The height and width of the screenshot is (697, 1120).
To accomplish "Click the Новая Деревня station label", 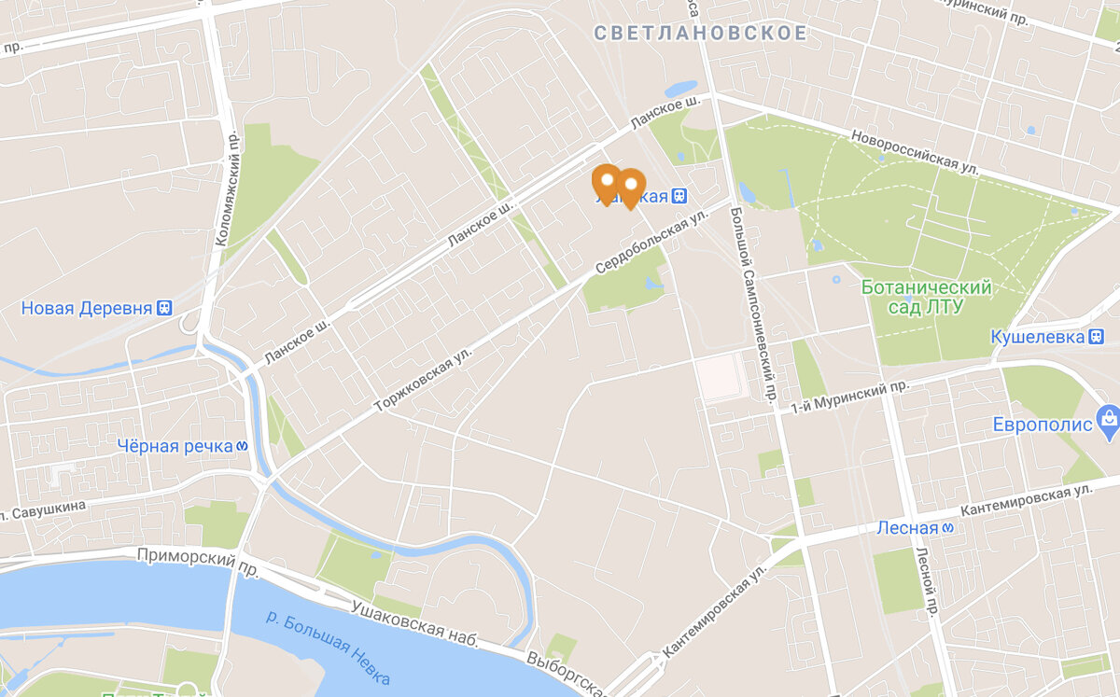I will [x=86, y=308].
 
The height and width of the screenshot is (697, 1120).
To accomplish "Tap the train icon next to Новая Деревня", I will [x=165, y=307].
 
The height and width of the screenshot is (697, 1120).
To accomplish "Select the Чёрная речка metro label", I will [x=175, y=446].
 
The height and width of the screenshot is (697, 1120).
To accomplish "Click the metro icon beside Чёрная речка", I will [x=241, y=446].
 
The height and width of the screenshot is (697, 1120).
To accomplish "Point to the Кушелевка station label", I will [x=1038, y=336].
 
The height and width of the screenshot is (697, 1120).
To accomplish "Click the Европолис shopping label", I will [x=1042, y=425].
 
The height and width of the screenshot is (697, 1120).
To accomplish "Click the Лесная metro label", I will [x=906, y=528].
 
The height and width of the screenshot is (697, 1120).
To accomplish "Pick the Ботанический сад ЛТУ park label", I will [x=926, y=296].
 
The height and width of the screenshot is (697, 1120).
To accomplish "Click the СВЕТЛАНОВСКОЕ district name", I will [x=700, y=34].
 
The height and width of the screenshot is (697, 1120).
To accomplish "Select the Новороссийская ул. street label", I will [x=915, y=150].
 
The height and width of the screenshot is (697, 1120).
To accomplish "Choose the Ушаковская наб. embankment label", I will [x=415, y=624].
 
